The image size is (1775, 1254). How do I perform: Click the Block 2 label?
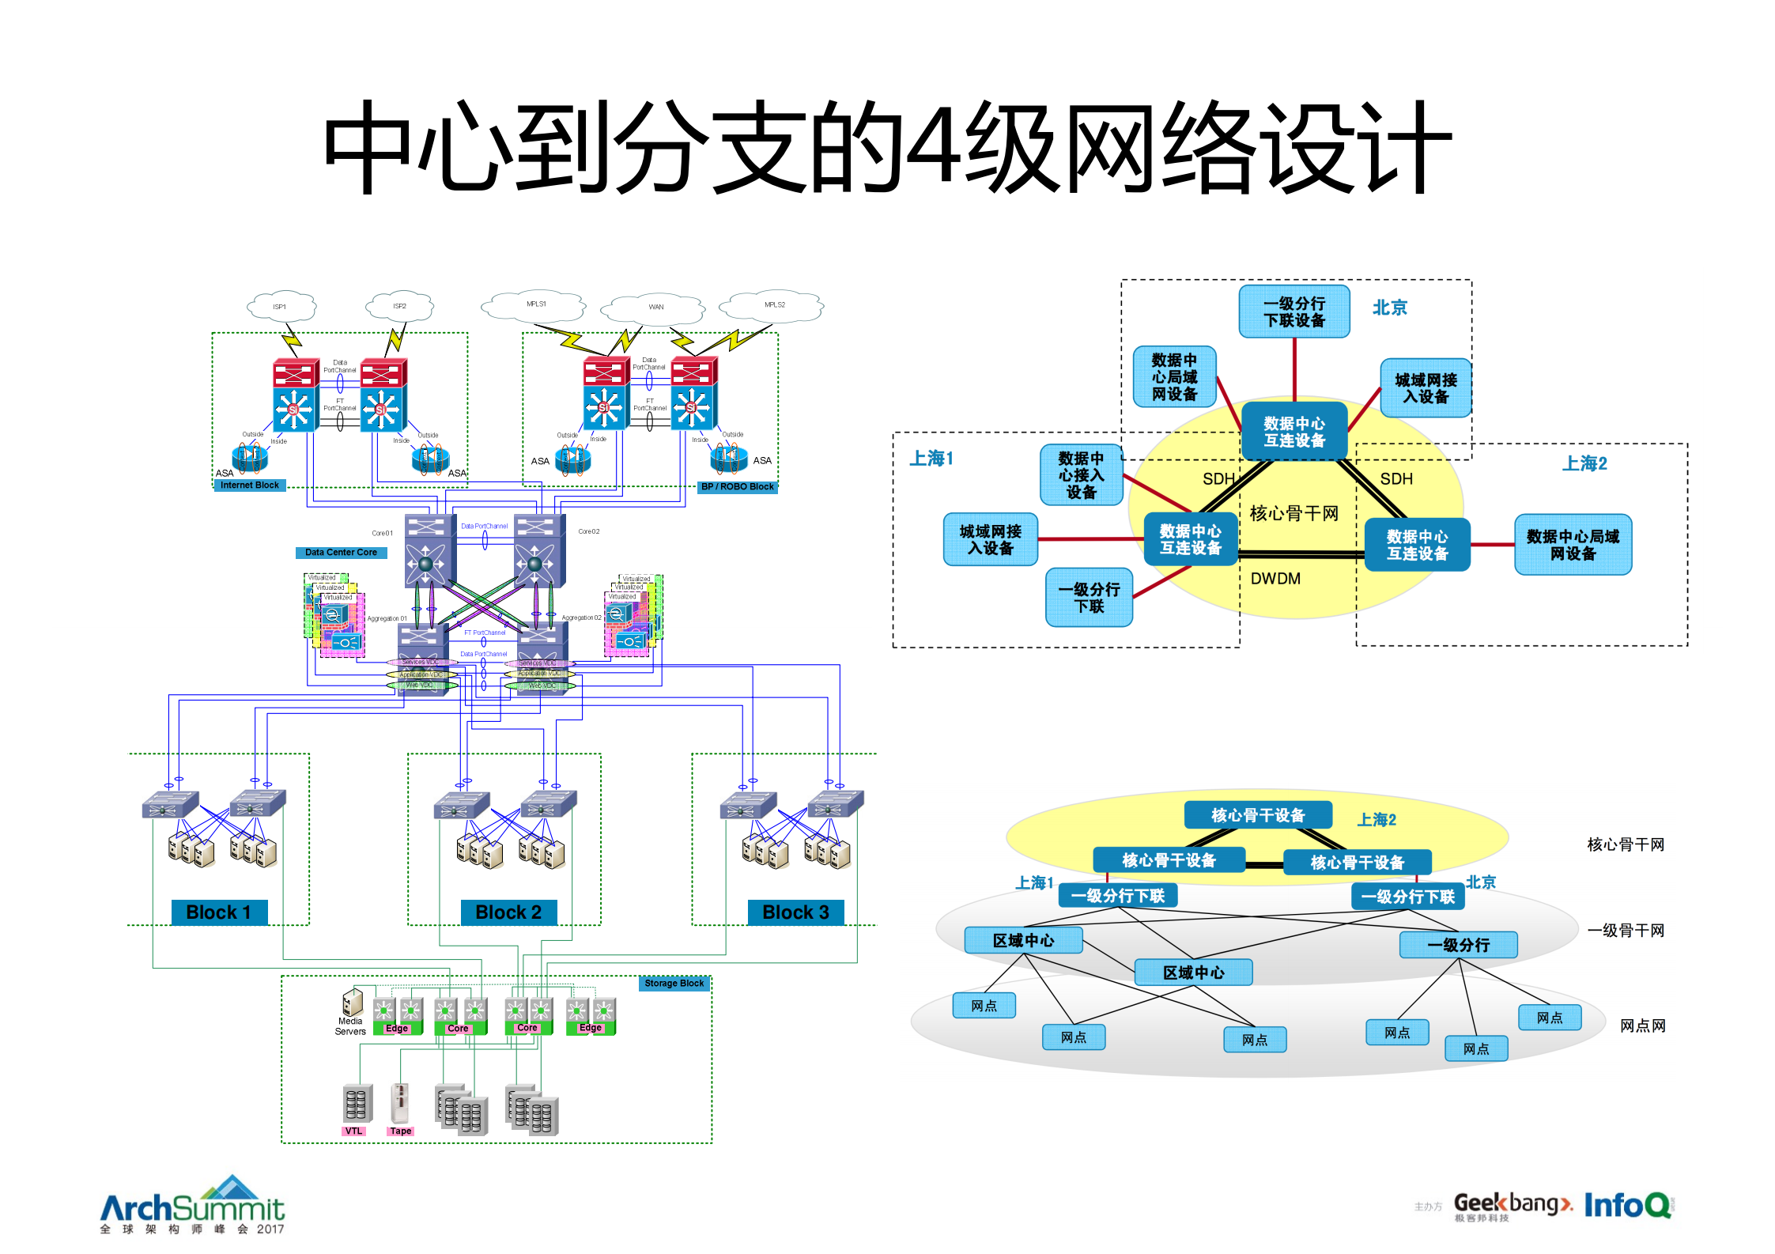(x=508, y=912)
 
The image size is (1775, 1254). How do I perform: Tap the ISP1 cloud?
(x=281, y=307)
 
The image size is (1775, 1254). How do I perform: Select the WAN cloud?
(x=655, y=308)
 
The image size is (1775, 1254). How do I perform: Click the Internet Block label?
(x=249, y=485)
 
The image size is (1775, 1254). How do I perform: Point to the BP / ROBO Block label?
(x=737, y=487)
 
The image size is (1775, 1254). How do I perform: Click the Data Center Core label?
(x=341, y=553)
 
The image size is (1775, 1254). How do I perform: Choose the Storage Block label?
(x=674, y=984)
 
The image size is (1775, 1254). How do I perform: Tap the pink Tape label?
(x=400, y=1131)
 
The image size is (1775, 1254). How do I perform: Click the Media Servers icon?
(x=352, y=1003)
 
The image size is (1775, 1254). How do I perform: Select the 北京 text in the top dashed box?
(x=1389, y=308)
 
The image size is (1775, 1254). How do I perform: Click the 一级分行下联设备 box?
(x=1293, y=312)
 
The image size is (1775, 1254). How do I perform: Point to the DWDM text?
(x=1275, y=579)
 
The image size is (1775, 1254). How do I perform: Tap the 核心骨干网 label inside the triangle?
(x=1293, y=514)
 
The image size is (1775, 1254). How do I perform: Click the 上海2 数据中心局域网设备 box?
(x=1572, y=545)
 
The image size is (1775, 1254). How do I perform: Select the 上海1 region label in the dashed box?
(x=931, y=459)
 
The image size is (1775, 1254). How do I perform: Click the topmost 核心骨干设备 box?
(x=1257, y=815)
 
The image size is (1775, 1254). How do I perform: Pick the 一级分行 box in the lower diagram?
(x=1457, y=945)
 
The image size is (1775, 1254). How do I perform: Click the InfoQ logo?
(x=1627, y=1206)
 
